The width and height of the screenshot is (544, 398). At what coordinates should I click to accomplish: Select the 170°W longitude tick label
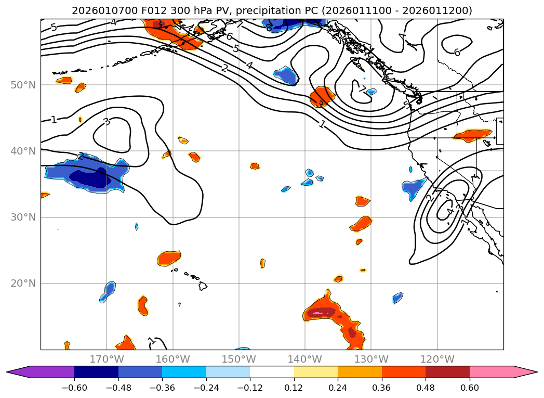tap(107, 359)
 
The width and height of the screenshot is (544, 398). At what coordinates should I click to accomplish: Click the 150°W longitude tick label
tap(238, 359)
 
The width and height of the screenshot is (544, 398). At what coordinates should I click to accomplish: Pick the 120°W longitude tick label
tap(437, 359)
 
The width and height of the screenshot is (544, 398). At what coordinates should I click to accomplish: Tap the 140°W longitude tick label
tap(304, 359)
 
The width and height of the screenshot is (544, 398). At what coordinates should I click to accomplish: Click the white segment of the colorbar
tap(272, 372)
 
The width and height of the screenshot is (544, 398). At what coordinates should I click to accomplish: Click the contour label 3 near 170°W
tap(107, 122)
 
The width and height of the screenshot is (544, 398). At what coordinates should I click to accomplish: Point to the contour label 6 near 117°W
tap(457, 53)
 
